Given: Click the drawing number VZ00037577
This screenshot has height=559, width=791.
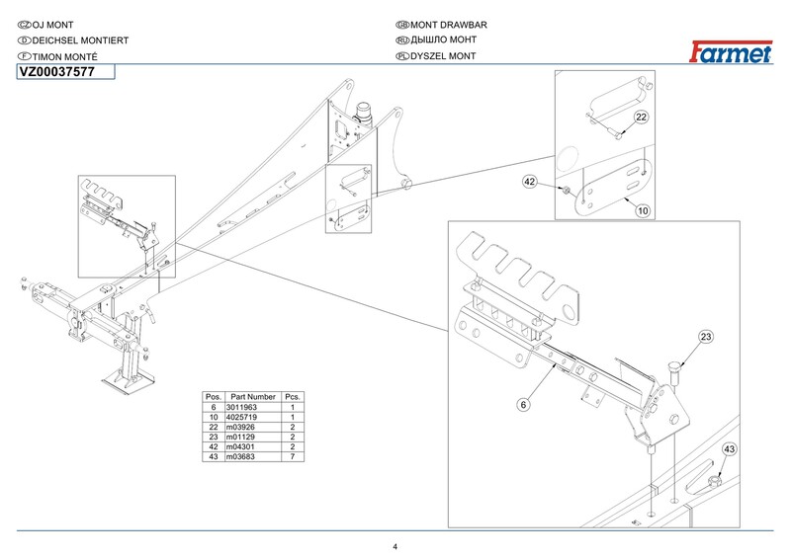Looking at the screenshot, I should tap(56, 72).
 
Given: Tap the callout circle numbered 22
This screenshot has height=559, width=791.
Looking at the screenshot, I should tap(641, 118).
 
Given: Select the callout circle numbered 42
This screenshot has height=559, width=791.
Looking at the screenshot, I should tap(530, 183).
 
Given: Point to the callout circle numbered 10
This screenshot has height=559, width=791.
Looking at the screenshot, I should tap(641, 210).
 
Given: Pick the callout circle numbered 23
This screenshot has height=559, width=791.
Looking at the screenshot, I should tap(705, 338).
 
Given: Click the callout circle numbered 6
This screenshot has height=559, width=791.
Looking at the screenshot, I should tap(523, 403).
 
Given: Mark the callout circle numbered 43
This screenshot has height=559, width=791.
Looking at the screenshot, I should tap(730, 449).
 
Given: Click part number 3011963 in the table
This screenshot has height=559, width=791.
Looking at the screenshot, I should tap(241, 407).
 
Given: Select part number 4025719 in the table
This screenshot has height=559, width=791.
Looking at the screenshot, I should tap(241, 418).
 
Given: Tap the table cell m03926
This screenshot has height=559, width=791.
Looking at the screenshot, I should tap(240, 428).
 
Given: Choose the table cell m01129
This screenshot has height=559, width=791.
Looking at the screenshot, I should tap(240, 438).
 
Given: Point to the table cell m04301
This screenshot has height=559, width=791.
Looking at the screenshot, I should tap(240, 447).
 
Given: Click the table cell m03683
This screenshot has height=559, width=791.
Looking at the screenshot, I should tap(240, 457).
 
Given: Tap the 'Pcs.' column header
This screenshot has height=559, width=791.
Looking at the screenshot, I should tap(293, 396).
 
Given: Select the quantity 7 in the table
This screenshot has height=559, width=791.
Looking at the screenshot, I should tap(293, 457).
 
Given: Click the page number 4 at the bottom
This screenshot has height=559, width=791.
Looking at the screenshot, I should tap(395, 548).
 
